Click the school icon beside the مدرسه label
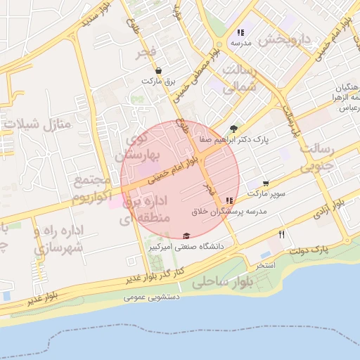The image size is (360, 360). click(240, 32)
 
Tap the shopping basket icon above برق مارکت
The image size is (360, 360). click(158, 71)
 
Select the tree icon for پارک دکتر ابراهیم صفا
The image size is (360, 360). click(233, 128)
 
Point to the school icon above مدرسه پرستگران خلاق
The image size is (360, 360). click(229, 200)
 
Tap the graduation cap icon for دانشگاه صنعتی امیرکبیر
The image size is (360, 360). click(186, 236)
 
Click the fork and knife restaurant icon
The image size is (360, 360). click(282, 234)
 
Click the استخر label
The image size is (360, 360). click(265, 266)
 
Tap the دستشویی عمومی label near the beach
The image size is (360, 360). click(152, 297)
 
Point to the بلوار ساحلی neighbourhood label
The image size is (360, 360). click(221, 282)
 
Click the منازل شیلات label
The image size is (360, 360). click(39, 124)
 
